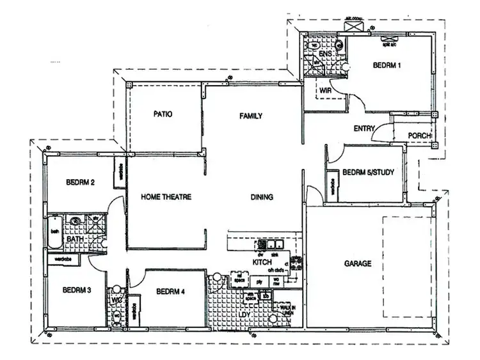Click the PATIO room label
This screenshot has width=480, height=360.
(163, 114)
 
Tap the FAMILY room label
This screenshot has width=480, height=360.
(251, 116)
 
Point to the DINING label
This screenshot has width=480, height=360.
(262, 198)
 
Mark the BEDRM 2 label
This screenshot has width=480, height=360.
(81, 182)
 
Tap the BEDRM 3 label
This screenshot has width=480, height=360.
(77, 290)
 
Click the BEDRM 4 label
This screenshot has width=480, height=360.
(170, 292)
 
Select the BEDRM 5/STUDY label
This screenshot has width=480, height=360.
(368, 172)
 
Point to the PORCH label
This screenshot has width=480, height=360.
(420, 136)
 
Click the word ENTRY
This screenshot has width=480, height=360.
(364, 129)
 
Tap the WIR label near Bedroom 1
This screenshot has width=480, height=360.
(325, 91)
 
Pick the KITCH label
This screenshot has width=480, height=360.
(262, 263)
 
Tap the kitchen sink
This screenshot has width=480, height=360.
(275, 244)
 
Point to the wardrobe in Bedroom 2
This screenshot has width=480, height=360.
(120, 173)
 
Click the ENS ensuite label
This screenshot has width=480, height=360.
(324, 54)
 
